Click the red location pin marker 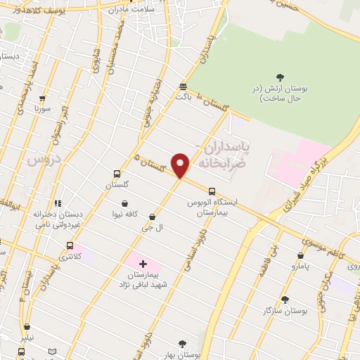click(x=181, y=165)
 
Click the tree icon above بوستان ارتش click(x=281, y=77)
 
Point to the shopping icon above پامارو click(x=301, y=256)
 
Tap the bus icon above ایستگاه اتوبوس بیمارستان click(x=212, y=191)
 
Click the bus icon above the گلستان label click(x=117, y=174)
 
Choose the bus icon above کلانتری click(x=70, y=245)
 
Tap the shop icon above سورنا click(x=42, y=98)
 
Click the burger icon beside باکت click(x=183, y=86)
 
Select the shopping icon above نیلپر click(x=27, y=326)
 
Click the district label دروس click(x=40, y=160)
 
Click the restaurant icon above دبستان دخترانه click(x=58, y=203)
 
